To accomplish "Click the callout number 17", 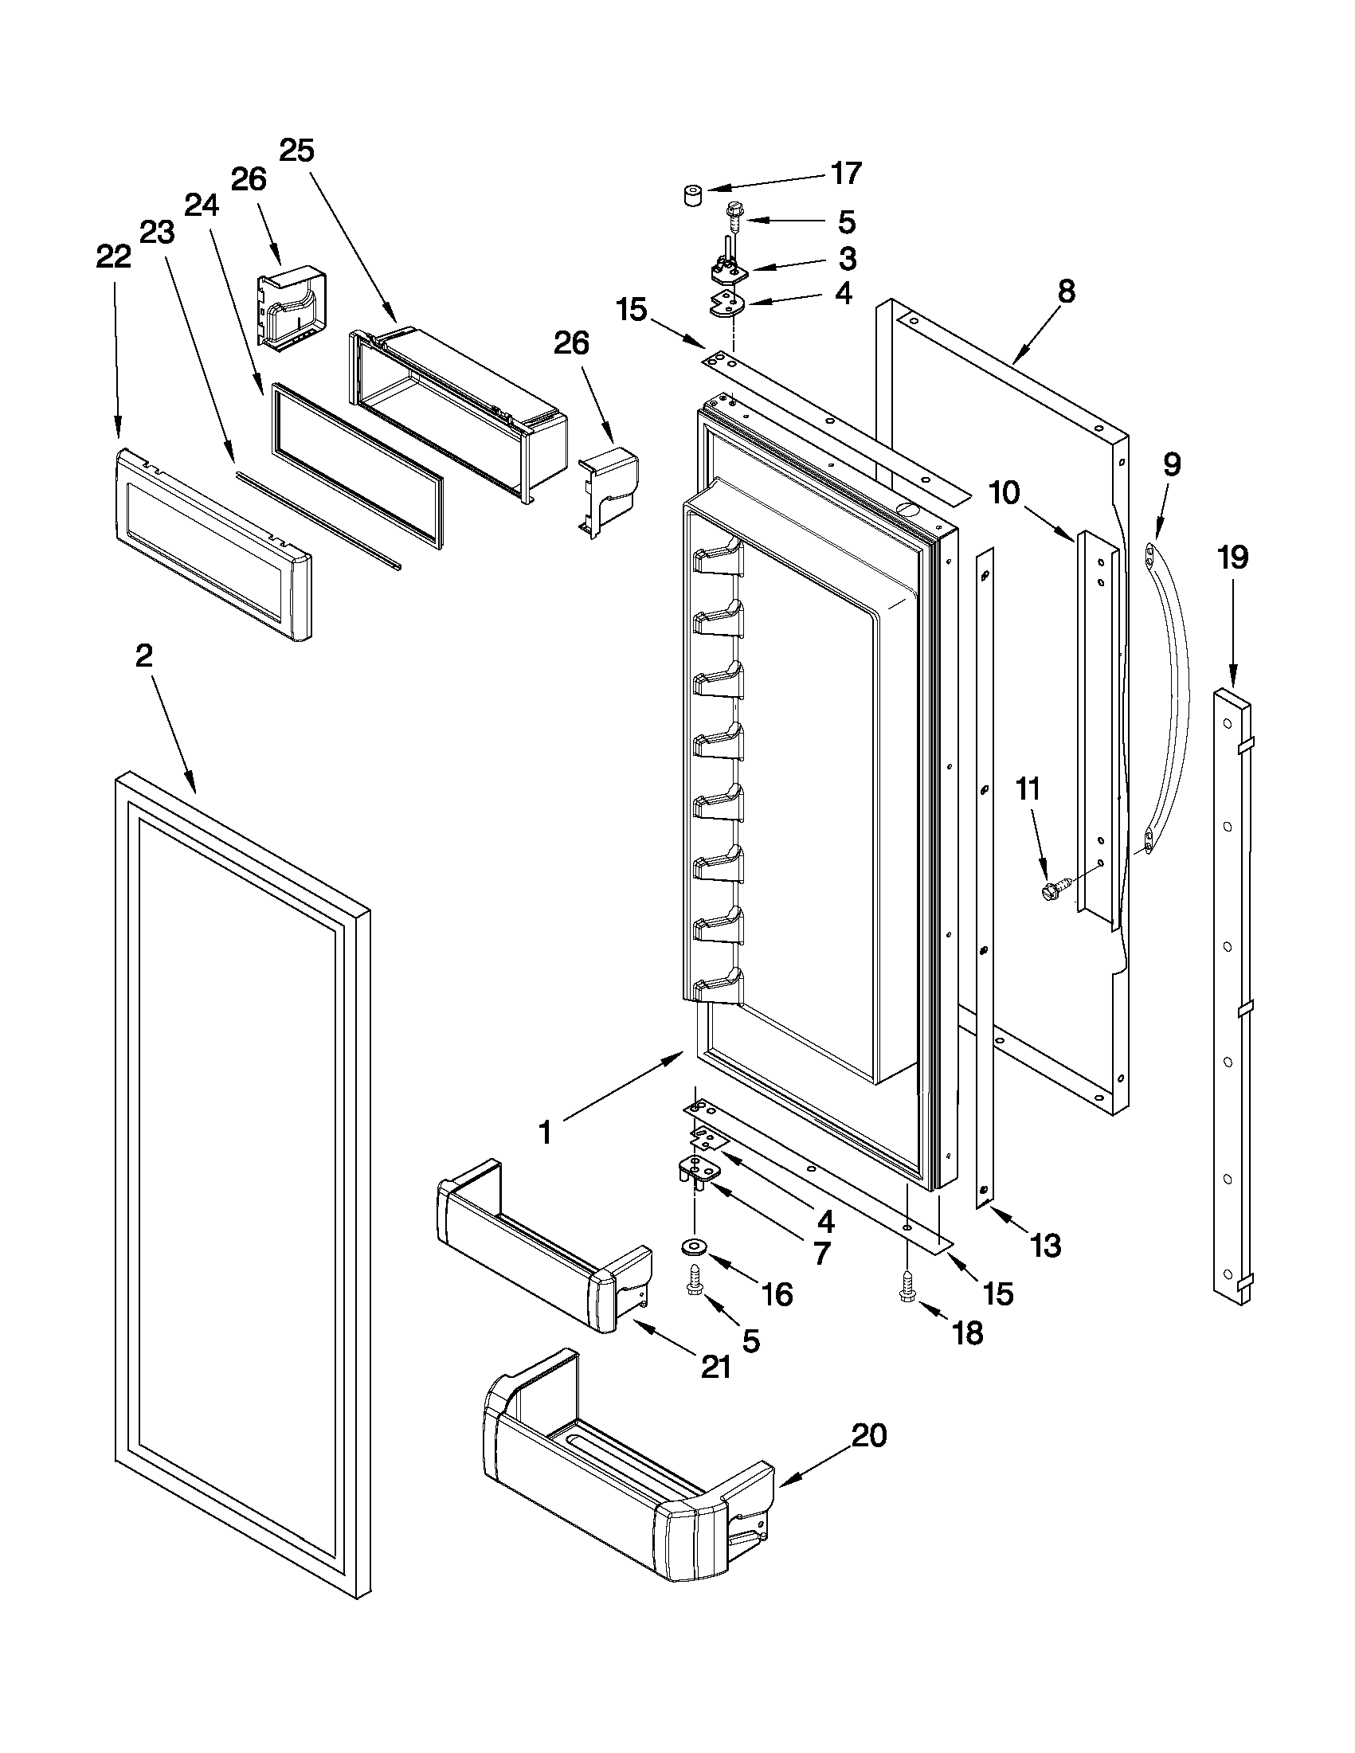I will [x=846, y=174].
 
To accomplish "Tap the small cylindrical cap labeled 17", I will [x=692, y=195].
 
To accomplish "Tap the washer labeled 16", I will [x=691, y=1246].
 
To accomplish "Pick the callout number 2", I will [x=143, y=656].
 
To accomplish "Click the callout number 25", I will [x=296, y=150].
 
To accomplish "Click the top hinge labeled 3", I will [x=727, y=271].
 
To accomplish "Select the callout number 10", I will [x=1004, y=494].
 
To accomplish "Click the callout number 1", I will [x=546, y=1133].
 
